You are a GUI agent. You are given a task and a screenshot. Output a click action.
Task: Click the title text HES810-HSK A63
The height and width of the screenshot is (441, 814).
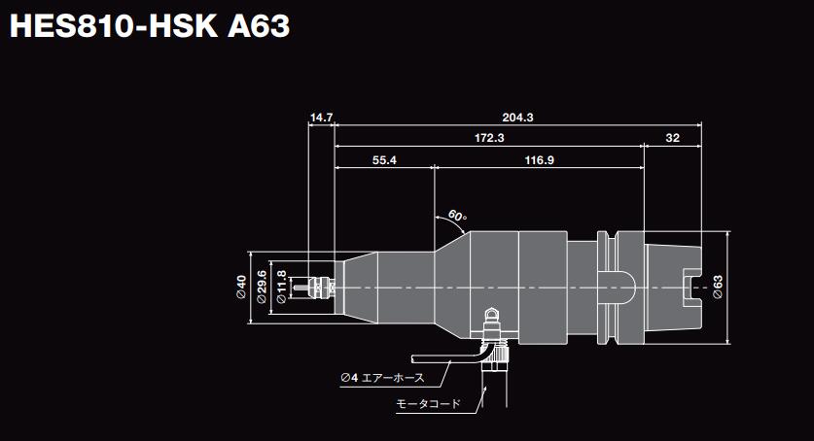pyautogui.click(x=149, y=26)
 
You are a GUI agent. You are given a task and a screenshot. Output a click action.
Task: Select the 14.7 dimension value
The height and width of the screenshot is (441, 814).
pyautogui.click(x=321, y=118)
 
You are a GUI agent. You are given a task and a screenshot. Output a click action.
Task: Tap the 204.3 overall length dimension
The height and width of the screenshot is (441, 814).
pyautogui.click(x=517, y=118)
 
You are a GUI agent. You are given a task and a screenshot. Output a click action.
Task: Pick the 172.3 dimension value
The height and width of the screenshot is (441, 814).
pyautogui.click(x=489, y=139)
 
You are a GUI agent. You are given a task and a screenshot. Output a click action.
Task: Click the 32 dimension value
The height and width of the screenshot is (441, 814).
pyautogui.click(x=673, y=139)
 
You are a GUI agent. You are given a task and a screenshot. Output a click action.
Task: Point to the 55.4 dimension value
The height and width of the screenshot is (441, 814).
pyautogui.click(x=384, y=160)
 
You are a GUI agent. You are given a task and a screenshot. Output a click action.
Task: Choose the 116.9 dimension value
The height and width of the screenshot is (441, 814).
pyautogui.click(x=538, y=160)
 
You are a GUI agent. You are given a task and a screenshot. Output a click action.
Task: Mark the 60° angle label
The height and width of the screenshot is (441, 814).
pyautogui.click(x=458, y=215)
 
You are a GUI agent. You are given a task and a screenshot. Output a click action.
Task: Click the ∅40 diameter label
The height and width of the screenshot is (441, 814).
pyautogui.click(x=240, y=288)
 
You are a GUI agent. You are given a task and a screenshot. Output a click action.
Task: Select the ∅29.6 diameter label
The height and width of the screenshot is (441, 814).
pyautogui.click(x=262, y=288)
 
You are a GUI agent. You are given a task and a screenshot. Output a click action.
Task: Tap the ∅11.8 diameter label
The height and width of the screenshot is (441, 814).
pyautogui.click(x=282, y=288)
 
